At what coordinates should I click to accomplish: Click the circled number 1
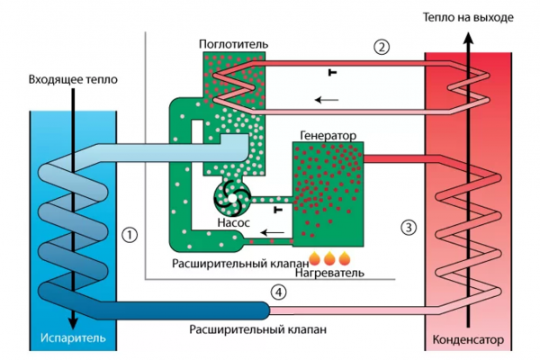click(130, 235)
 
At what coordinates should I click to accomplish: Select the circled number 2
click(382, 47)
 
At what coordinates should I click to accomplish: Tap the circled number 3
click(409, 227)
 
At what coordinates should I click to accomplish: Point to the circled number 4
click(279, 292)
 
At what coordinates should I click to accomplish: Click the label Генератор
click(325, 135)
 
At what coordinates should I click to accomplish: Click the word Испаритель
click(73, 340)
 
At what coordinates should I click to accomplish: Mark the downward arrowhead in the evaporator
click(70, 319)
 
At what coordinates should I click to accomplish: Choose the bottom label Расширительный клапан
click(242, 329)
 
